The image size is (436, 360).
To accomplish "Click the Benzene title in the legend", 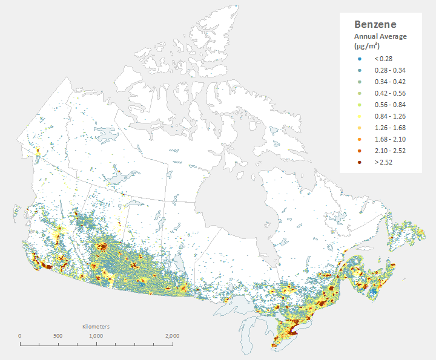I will [x=375, y=25].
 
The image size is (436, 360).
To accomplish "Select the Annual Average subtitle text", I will [x=380, y=36].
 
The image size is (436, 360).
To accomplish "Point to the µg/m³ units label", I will [x=367, y=46].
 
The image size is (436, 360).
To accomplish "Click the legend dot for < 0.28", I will [x=360, y=59].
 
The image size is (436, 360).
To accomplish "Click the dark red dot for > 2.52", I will [x=360, y=162].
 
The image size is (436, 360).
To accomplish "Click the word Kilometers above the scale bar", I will [x=96, y=327].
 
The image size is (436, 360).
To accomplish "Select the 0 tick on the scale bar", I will [x=20, y=336].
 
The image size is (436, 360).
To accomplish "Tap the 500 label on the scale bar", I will [x=58, y=336].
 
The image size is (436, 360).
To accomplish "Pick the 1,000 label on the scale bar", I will [x=95, y=336].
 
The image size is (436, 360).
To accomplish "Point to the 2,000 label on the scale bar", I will [x=171, y=336].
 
